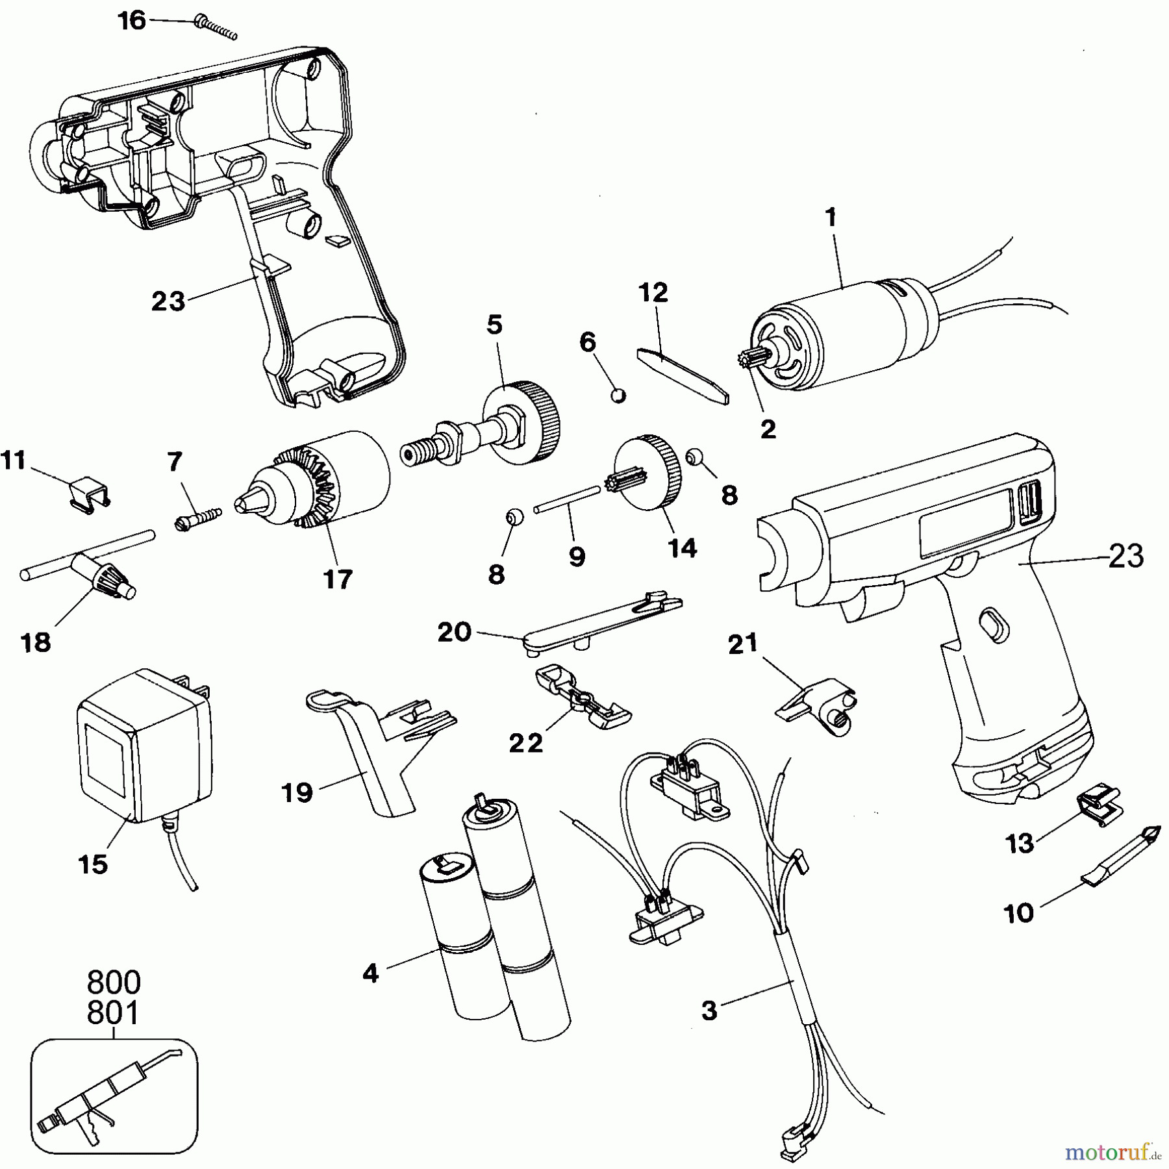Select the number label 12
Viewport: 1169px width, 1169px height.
(653, 293)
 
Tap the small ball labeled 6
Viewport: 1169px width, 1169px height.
(619, 395)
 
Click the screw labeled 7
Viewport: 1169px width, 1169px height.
(198, 519)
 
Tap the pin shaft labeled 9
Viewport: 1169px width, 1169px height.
(567, 501)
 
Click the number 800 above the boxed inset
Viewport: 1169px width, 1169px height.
(114, 983)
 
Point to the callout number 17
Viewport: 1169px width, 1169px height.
(338, 579)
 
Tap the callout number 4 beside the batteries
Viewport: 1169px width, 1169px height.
(370, 973)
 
